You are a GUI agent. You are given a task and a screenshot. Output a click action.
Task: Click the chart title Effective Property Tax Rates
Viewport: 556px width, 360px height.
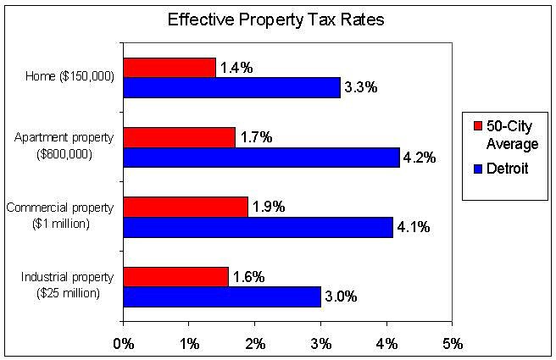(276, 19)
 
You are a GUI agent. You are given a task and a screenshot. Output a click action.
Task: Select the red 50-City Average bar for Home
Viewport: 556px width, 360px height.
(170, 68)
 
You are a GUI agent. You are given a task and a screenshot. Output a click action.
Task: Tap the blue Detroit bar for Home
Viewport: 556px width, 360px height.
(231, 87)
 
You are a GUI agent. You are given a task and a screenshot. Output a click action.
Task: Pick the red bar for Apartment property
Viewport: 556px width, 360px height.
(179, 137)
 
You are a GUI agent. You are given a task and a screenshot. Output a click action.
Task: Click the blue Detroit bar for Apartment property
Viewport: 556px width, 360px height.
(261, 157)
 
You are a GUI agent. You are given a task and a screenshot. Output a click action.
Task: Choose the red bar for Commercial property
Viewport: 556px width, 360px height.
(186, 207)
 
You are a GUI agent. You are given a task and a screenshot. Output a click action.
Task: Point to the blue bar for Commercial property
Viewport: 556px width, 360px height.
(258, 226)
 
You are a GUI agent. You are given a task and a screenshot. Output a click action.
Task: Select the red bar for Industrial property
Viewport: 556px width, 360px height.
(175, 276)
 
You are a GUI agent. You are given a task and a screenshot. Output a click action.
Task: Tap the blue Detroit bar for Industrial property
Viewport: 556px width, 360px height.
(222, 296)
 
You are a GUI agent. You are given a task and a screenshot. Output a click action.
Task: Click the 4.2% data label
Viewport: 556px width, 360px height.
(420, 158)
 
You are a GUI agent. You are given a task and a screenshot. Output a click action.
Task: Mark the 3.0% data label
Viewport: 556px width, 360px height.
(341, 296)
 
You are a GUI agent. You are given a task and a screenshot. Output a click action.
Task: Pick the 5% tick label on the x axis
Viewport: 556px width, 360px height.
(452, 344)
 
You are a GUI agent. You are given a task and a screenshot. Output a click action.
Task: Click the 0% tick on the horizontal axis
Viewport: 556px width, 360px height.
(124, 344)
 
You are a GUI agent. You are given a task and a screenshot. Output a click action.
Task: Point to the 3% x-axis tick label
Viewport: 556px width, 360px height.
(320, 344)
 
